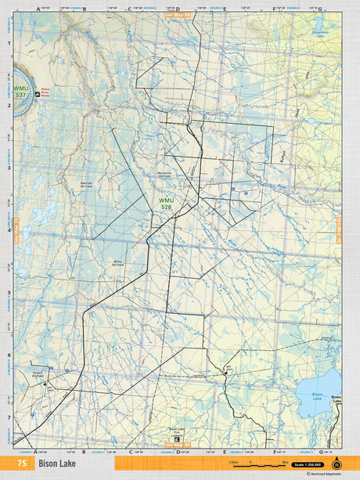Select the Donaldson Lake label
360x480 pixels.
321,34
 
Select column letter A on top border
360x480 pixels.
38,9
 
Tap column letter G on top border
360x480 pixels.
319,9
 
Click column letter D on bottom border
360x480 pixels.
178,452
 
